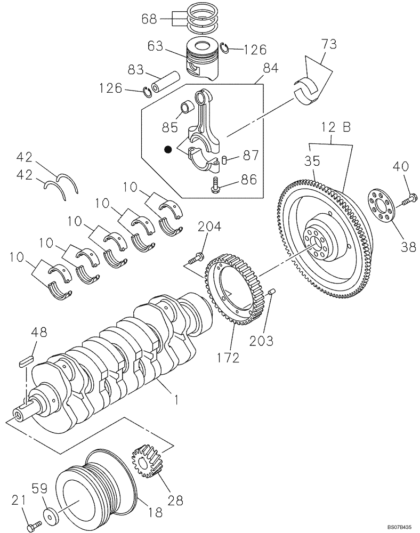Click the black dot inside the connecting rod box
(168, 150)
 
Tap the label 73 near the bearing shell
(329, 44)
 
